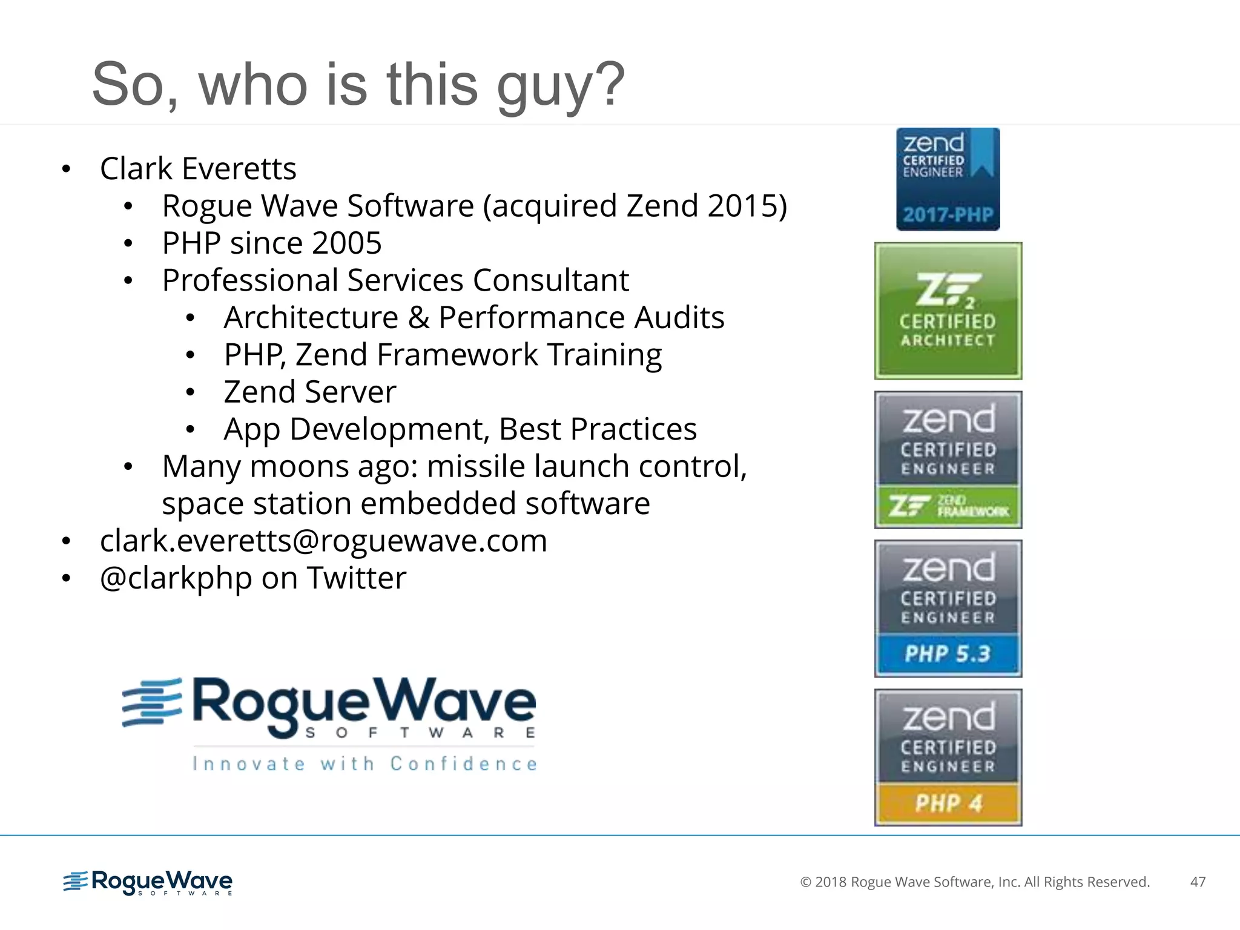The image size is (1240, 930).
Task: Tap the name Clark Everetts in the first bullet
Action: click(198, 168)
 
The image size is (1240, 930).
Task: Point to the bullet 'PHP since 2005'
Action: click(272, 243)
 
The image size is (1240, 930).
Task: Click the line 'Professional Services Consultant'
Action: click(395, 280)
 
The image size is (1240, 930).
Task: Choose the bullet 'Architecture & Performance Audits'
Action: click(473, 318)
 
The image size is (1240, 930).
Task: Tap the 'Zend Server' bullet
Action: click(309, 392)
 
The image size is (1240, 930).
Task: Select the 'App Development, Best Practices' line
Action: click(460, 429)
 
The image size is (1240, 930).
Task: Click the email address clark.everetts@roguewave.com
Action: click(323, 541)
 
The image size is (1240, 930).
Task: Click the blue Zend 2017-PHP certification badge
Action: click(948, 179)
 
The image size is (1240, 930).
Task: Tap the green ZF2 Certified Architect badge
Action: click(948, 311)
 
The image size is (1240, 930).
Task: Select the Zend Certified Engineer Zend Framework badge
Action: click(948, 460)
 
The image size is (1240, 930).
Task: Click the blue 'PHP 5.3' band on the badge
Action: click(948, 654)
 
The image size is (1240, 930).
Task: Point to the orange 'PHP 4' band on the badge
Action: click(948, 803)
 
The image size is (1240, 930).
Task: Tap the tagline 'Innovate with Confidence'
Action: click(364, 764)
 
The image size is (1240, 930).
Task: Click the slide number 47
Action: click(1198, 882)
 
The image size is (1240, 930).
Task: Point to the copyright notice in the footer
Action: click(975, 882)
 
